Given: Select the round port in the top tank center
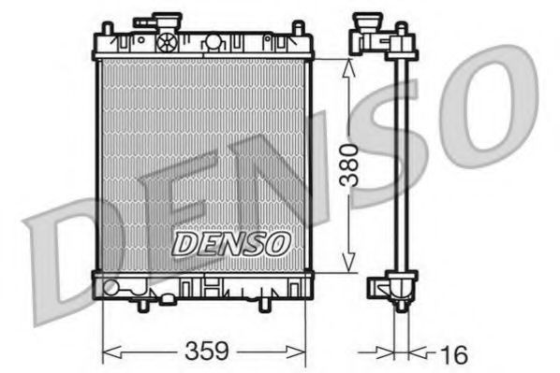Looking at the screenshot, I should coord(214,42).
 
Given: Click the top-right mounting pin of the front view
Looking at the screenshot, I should coord(300,29).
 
